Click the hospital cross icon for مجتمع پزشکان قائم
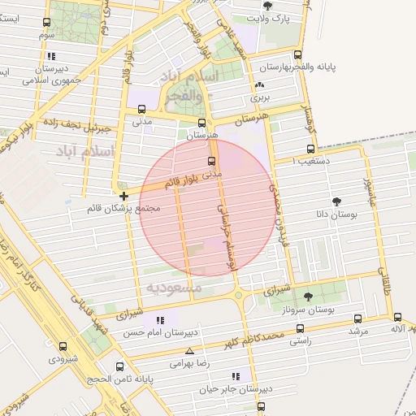123,196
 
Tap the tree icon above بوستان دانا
336,201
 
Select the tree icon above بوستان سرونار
307,297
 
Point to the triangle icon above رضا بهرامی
189,351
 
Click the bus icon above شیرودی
63,345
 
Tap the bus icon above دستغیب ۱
310,149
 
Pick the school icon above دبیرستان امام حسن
145,322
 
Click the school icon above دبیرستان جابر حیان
236,376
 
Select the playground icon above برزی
259,84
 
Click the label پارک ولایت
268,17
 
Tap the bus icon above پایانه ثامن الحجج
119,366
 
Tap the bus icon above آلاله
397,317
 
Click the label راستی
300,344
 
